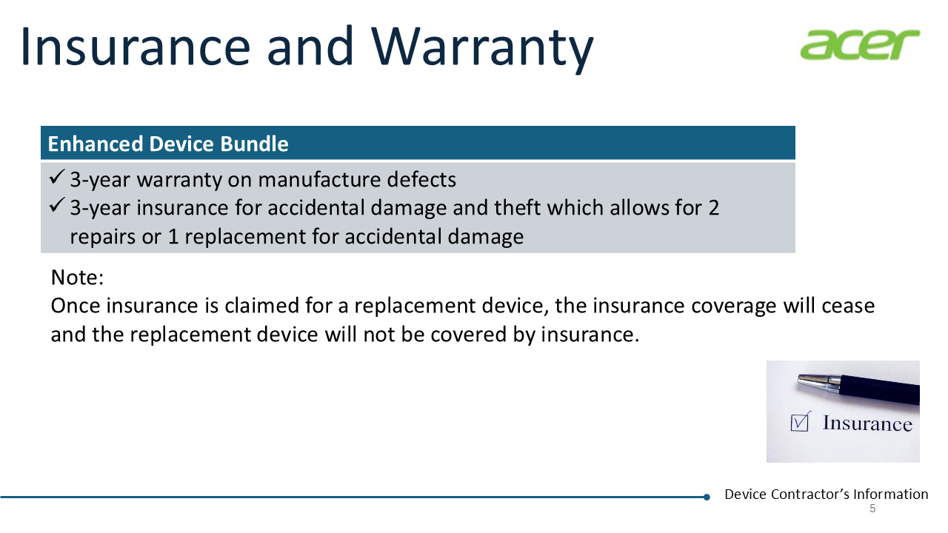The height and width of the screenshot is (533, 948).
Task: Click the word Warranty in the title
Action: (482, 47)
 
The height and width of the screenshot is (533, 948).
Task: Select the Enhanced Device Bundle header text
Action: (168, 144)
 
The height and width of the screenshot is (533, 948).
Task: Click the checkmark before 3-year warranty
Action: (57, 177)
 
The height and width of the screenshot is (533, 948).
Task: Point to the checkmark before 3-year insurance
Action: (57, 205)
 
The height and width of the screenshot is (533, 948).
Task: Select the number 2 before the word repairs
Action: (713, 208)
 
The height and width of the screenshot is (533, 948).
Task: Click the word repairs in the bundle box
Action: (103, 238)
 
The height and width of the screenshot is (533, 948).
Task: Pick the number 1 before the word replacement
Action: (173, 236)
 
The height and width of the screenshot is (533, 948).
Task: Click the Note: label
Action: (77, 278)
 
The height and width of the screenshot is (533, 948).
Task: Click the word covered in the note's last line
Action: (469, 335)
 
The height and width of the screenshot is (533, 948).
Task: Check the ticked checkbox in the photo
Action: (799, 422)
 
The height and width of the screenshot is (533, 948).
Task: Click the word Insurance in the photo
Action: (867, 423)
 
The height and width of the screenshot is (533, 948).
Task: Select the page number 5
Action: (872, 509)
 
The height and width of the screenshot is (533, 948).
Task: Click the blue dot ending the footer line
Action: (707, 497)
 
